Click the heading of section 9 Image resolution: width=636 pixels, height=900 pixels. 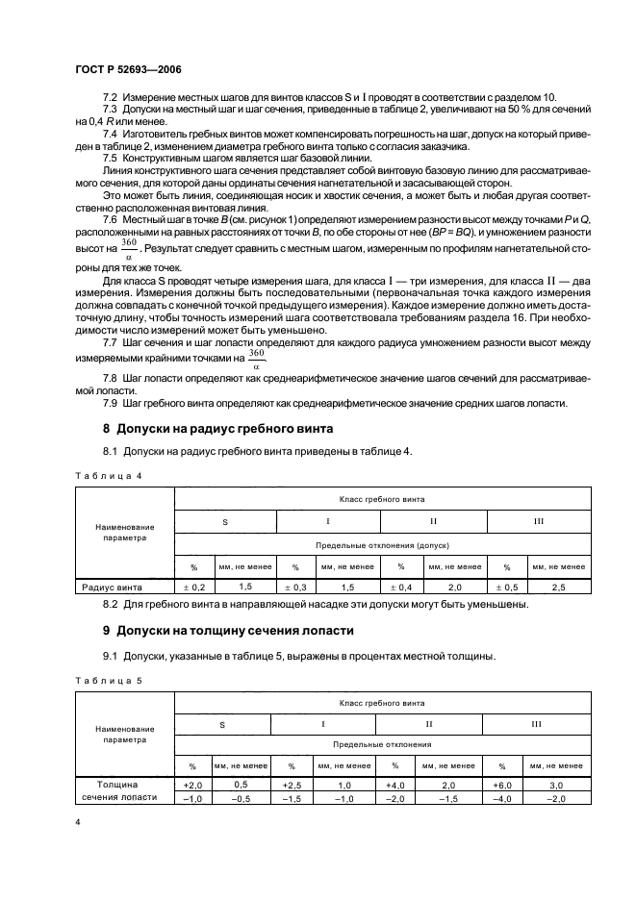(x=228, y=631)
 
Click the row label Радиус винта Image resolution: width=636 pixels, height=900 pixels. (x=112, y=586)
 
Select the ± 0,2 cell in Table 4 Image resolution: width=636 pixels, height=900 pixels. (x=194, y=586)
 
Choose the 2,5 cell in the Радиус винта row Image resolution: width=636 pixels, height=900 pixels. (x=558, y=586)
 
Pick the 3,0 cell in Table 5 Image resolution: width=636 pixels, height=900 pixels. (x=557, y=785)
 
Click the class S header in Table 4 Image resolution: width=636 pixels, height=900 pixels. (x=225, y=521)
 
